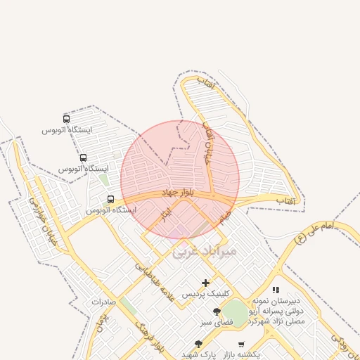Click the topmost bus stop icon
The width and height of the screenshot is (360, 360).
(66, 119)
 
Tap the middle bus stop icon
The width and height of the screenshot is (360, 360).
(83, 158)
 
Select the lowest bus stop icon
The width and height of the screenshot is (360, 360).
(110, 199)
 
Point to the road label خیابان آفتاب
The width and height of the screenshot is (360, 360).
(207, 143)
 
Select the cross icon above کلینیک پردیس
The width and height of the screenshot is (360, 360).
(205, 283)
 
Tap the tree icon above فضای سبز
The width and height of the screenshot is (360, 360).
(216, 311)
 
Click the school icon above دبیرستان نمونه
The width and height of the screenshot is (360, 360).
(276, 290)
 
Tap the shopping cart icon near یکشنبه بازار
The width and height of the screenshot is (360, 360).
(241, 345)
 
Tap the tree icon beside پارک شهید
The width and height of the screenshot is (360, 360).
(198, 344)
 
